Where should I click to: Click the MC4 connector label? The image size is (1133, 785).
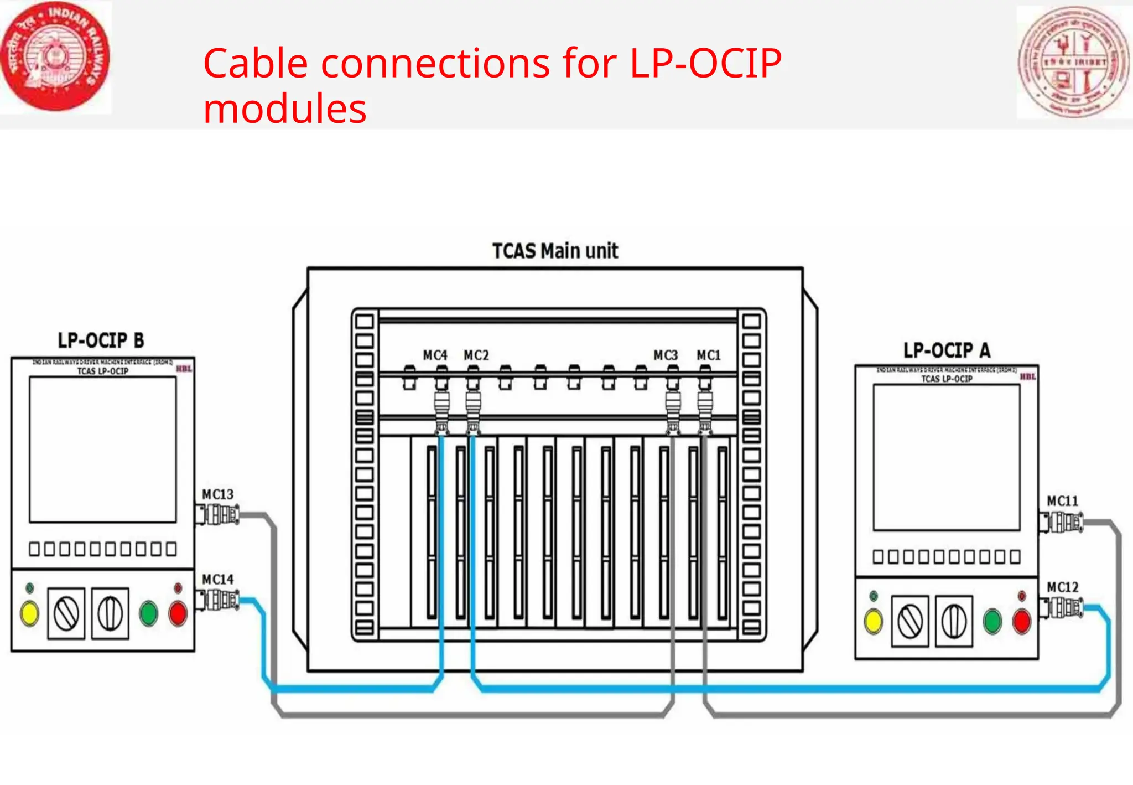pyautogui.click(x=435, y=355)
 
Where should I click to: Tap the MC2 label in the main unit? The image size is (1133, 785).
pyautogui.click(x=476, y=355)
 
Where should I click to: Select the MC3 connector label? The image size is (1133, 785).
pyautogui.click(x=665, y=355)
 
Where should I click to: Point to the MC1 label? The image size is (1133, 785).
pyautogui.click(x=708, y=355)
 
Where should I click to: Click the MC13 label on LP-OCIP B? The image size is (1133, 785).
pyautogui.click(x=217, y=494)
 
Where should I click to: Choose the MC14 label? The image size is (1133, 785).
pyautogui.click(x=217, y=580)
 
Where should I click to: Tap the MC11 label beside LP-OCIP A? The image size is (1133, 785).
pyautogui.click(x=1062, y=502)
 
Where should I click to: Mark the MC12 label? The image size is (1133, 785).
pyautogui.click(x=1062, y=587)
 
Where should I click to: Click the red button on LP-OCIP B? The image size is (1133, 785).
pyautogui.click(x=178, y=613)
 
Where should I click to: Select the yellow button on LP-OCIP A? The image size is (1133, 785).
pyautogui.click(x=873, y=621)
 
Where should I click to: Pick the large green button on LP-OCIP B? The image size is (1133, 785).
pyautogui.click(x=148, y=613)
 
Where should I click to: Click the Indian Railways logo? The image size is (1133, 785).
pyautogui.click(x=55, y=56)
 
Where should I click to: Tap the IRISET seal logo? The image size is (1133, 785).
pyautogui.click(x=1073, y=62)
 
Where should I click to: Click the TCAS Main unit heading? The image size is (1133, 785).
pyautogui.click(x=555, y=251)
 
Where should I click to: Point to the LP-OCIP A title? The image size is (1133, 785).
pyautogui.click(x=947, y=350)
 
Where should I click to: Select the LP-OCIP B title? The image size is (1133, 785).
pyautogui.click(x=101, y=340)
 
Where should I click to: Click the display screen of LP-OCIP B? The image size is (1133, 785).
pyautogui.click(x=103, y=450)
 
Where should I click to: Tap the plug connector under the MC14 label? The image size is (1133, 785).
pyautogui.click(x=219, y=600)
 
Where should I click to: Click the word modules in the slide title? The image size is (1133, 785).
pyautogui.click(x=284, y=109)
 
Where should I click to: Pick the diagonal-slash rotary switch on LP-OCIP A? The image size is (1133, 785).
pyautogui.click(x=909, y=621)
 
